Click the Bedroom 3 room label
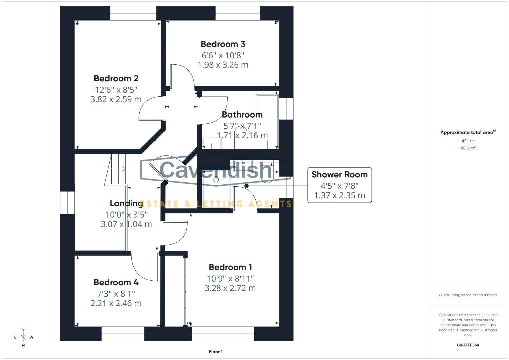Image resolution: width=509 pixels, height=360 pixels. [x=223, y=44]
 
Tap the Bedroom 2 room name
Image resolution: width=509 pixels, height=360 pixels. [x=116, y=78]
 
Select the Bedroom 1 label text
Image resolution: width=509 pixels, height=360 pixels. [x=230, y=267]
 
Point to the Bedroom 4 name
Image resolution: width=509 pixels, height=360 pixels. [x=116, y=282]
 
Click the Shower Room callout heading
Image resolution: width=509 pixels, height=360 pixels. [x=339, y=174]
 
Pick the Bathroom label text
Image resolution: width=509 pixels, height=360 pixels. [x=242, y=115]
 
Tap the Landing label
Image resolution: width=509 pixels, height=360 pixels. [x=126, y=203]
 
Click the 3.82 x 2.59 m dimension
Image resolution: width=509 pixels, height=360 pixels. [x=116, y=99]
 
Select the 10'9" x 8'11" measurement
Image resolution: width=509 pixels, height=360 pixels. [x=230, y=279]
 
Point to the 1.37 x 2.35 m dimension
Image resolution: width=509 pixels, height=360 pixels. [x=339, y=195]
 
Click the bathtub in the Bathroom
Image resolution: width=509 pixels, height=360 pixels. [x=267, y=122]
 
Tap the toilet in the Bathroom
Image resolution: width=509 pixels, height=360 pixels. [x=240, y=138]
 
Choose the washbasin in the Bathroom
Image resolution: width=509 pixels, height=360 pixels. [x=212, y=144]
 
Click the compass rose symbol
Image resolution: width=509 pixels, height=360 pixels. [x=23, y=337]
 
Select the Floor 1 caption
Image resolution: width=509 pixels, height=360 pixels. [x=216, y=352]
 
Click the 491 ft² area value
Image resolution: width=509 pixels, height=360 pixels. [x=468, y=141]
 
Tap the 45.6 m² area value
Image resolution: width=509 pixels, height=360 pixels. [x=468, y=148]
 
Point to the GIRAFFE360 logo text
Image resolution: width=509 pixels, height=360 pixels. [x=468, y=345]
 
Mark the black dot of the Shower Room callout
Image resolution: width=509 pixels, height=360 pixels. [x=246, y=186]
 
